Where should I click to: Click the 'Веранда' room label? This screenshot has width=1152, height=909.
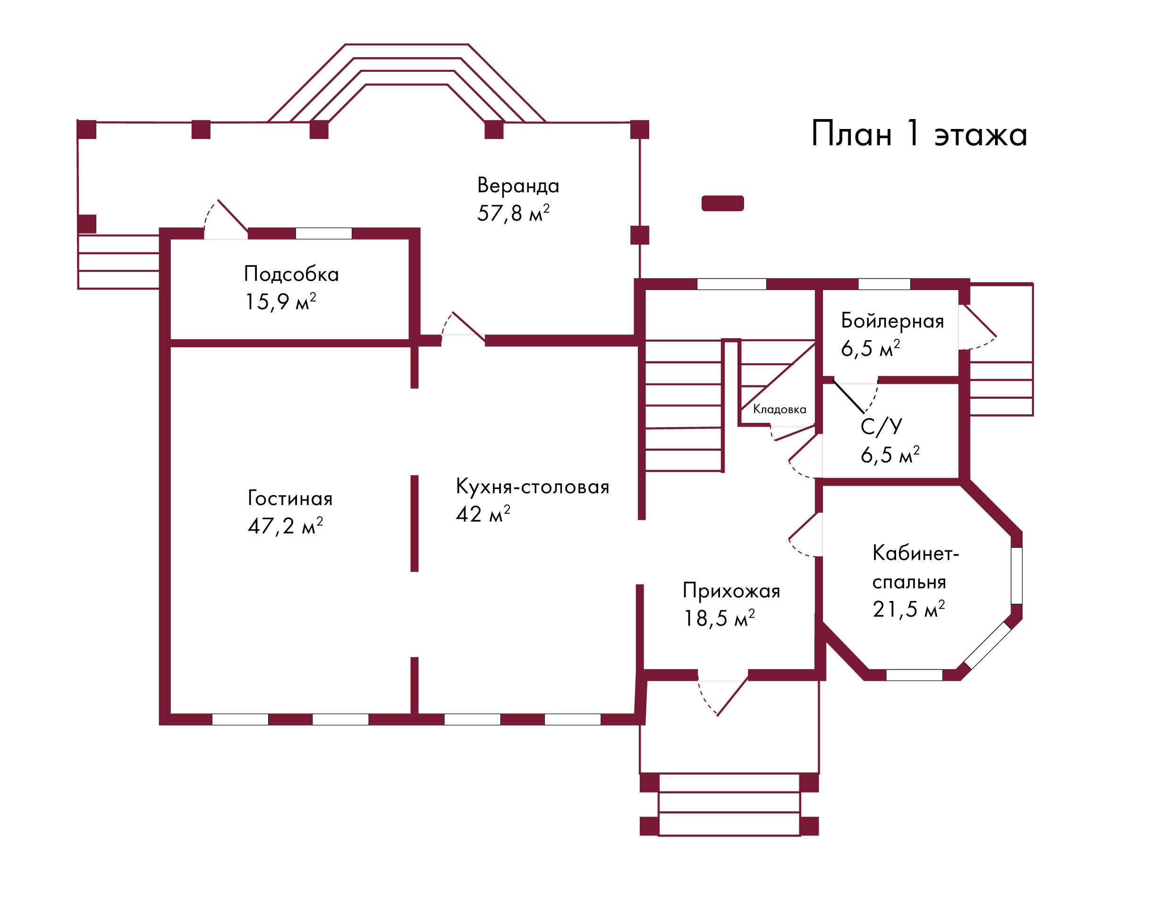[517, 185]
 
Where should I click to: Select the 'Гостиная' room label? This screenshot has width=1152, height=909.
[290, 498]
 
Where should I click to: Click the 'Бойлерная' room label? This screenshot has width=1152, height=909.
[893, 321]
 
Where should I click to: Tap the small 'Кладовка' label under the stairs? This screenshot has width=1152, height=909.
[779, 409]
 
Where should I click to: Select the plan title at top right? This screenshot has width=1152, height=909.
[918, 134]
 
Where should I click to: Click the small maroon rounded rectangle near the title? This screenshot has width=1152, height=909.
[722, 203]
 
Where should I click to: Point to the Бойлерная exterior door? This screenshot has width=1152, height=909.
[964, 327]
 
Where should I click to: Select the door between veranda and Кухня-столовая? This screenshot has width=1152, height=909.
[463, 341]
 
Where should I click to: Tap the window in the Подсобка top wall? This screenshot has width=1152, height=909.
[323, 233]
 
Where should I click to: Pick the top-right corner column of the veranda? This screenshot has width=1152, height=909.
[639, 129]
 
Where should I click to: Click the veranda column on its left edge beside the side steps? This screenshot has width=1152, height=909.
[87, 224]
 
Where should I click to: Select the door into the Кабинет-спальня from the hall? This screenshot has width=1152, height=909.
[819, 534]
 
